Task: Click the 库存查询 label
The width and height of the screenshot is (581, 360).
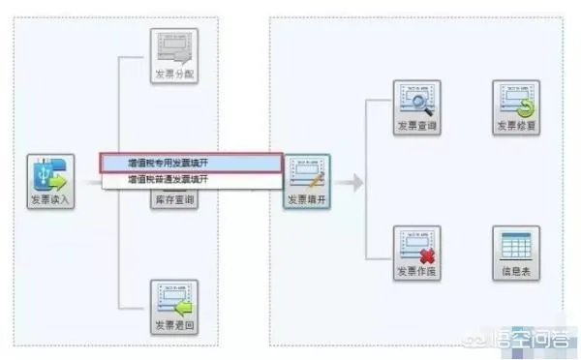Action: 174,200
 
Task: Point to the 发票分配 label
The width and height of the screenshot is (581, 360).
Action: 174,74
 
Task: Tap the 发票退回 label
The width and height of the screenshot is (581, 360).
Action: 174,324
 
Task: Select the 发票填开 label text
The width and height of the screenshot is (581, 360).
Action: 307,200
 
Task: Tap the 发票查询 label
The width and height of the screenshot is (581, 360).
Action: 416,126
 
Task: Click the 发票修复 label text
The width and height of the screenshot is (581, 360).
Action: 514,126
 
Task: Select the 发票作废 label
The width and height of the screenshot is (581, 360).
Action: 416,272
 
